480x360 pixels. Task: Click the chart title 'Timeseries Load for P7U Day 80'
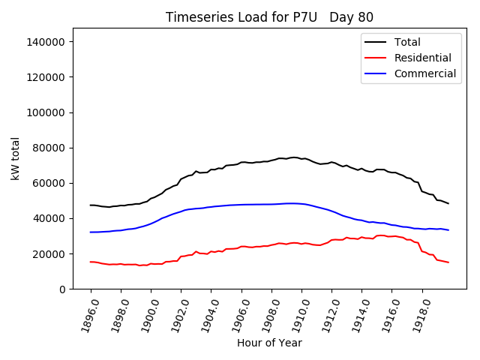(x=269, y=17)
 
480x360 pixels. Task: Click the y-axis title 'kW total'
(x=16, y=159)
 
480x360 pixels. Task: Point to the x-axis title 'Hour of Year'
(x=269, y=343)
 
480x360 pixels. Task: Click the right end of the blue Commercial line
(x=448, y=229)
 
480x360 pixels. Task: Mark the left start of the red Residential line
(x=91, y=262)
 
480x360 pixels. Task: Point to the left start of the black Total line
(x=91, y=205)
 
